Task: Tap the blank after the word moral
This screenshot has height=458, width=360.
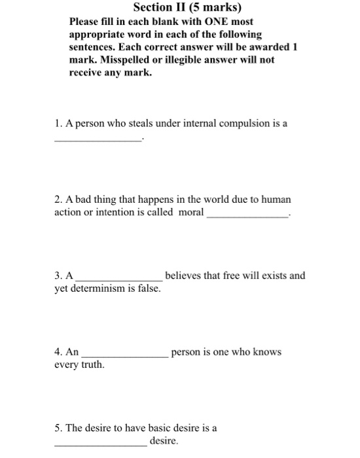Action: coord(247,215)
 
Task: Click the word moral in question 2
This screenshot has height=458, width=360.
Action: coord(190,213)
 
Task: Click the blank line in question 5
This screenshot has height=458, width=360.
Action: coord(100,444)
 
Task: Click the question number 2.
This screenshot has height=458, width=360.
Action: coord(58,199)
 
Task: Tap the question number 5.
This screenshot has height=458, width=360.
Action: coord(58,429)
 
